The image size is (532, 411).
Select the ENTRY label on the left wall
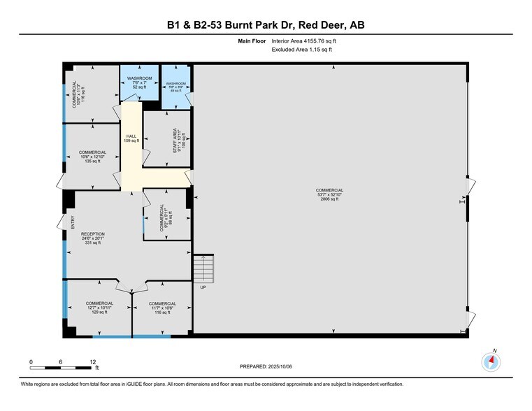coord(73,222)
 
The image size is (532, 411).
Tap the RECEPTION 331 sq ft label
coord(92,238)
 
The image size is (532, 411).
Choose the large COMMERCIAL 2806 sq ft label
coord(329,194)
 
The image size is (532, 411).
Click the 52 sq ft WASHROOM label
coord(140,82)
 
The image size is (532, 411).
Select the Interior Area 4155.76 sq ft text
coord(308,41)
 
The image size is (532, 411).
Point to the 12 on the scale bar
coord(92,361)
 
